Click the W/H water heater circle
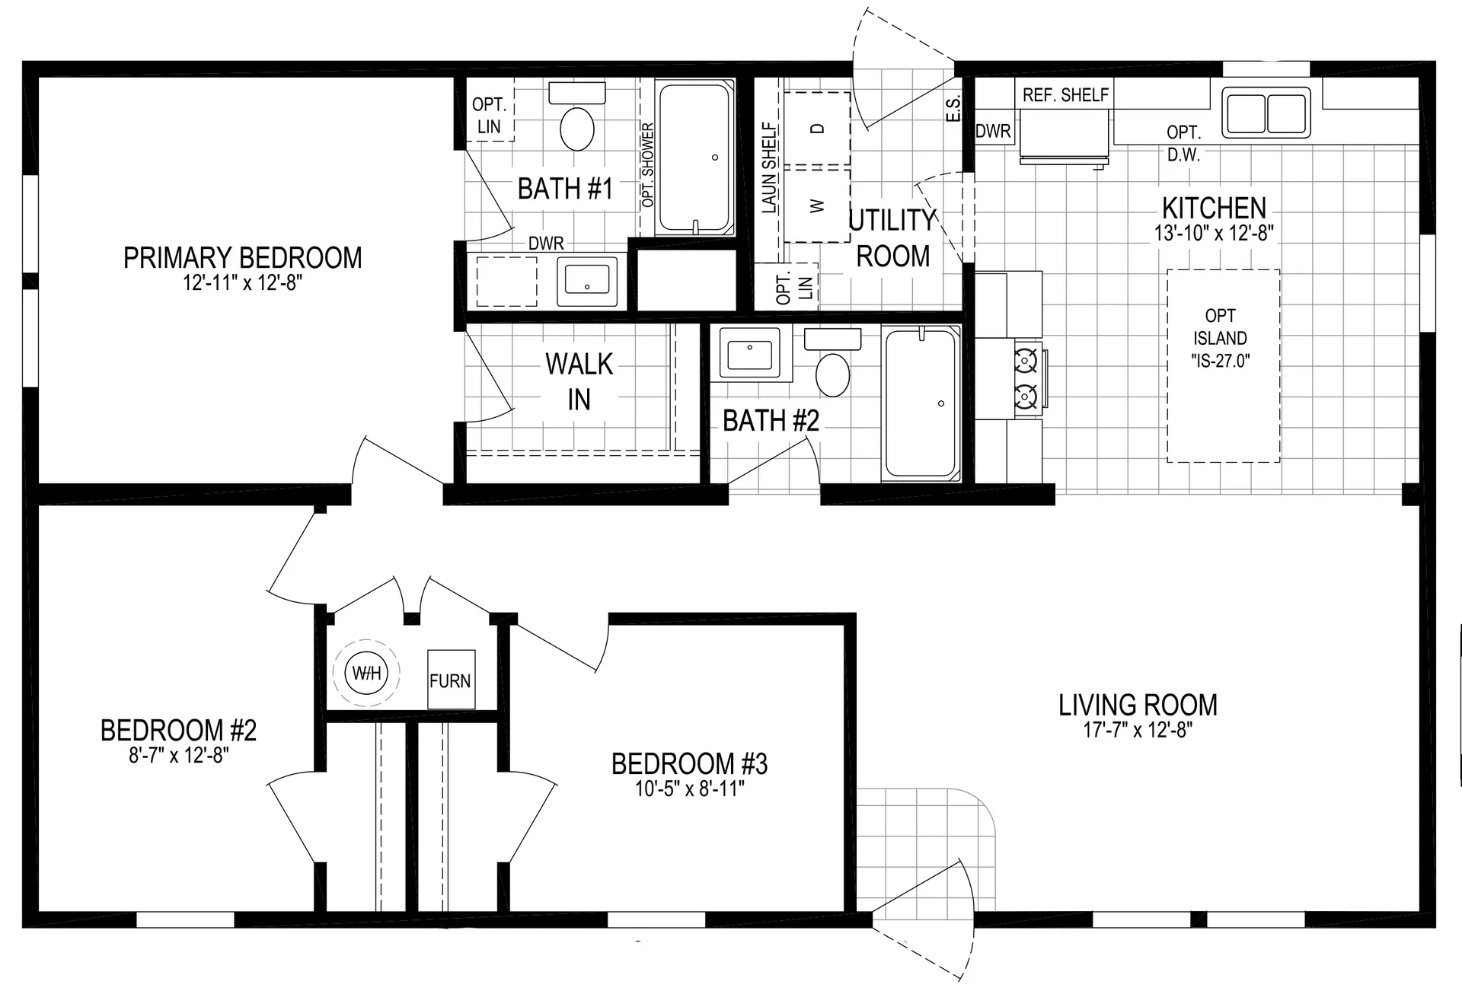[x=366, y=673]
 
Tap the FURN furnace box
[x=451, y=680]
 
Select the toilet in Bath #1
[x=577, y=128]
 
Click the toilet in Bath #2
[x=832, y=374]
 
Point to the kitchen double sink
[x=1266, y=113]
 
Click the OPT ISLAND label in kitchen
[x=1220, y=338]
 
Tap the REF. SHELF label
[x=1065, y=95]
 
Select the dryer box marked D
[x=817, y=129]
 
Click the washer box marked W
[x=817, y=205]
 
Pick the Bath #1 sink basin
[x=587, y=281]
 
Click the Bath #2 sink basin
[x=749, y=354]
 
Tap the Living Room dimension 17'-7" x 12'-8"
[x=1138, y=730]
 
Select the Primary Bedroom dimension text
[x=242, y=283]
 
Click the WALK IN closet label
[x=579, y=381]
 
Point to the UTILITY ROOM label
[x=892, y=238]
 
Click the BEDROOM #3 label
[x=689, y=763]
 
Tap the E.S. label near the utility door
[x=953, y=108]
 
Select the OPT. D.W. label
[x=1183, y=143]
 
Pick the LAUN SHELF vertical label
[x=769, y=167]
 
